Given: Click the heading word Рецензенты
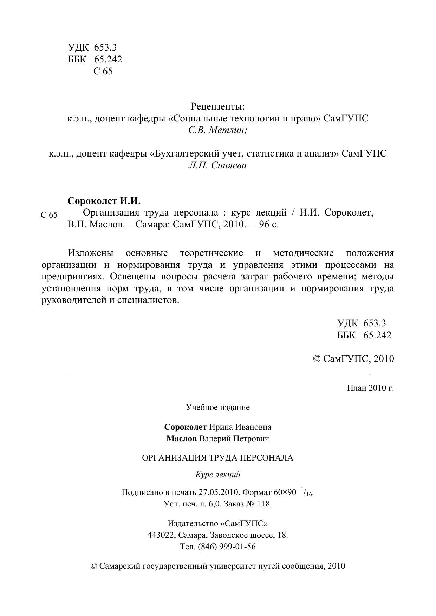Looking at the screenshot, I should pos(217,106).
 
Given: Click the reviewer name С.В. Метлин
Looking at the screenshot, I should pos(217,130).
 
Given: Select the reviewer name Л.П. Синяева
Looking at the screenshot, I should pos(217,165).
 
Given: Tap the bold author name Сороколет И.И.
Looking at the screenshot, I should pos(104,201).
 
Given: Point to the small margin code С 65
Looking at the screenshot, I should pos(49,215).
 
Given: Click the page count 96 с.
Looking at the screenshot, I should pos(269,225).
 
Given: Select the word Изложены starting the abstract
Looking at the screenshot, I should pos(91,253).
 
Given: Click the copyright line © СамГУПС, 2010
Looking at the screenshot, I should pos(353,359).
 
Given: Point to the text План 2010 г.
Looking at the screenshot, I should pos(370,388).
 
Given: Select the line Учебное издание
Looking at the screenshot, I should pos(217,407).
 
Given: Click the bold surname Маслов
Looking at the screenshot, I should pos(181,438).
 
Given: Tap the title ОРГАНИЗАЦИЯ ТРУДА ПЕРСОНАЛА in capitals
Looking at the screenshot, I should pos(217,458).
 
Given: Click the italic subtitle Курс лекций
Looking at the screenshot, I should pos(217,475).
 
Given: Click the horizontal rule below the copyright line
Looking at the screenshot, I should pos(217,375).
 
